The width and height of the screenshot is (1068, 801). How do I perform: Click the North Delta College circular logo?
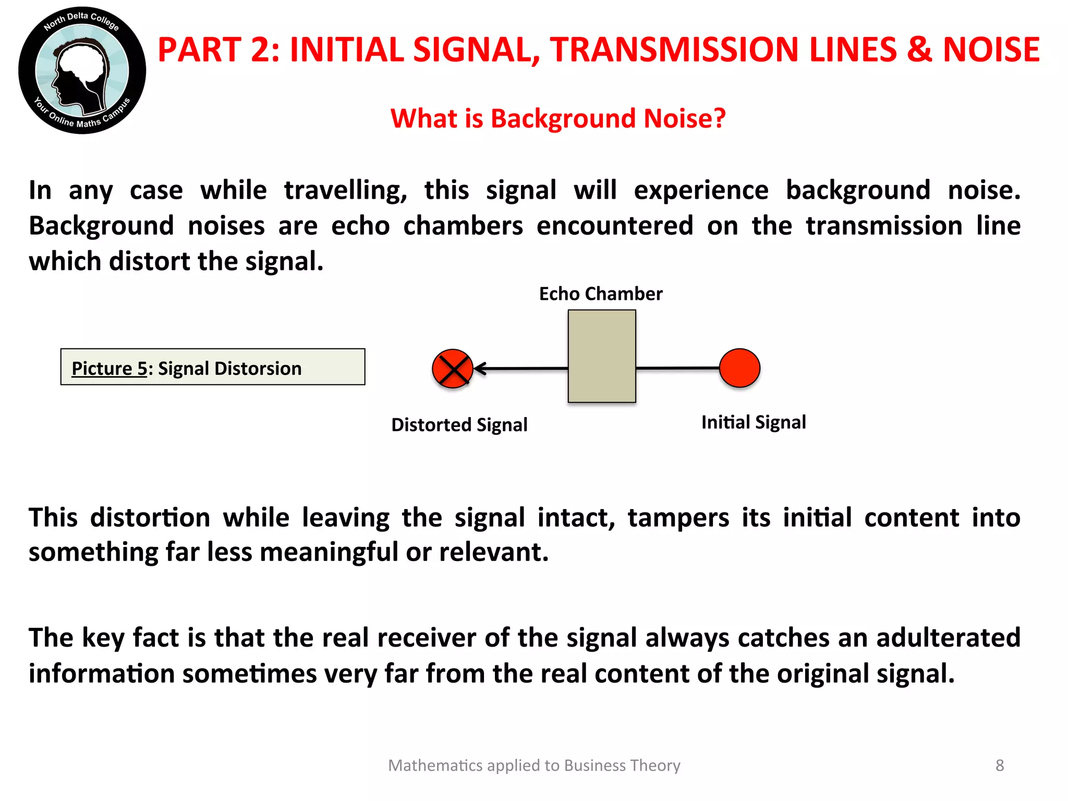pyautogui.click(x=82, y=70)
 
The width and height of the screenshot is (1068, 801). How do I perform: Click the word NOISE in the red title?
pyautogui.click(x=991, y=50)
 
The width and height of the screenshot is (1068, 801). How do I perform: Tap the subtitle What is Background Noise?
pyautogui.click(x=558, y=118)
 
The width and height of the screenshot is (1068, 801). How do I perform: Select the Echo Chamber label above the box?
pyautogui.click(x=601, y=294)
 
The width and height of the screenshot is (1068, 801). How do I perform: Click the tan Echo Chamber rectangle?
pyautogui.click(x=602, y=356)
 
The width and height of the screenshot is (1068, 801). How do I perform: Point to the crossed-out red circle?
pyautogui.click(x=452, y=369)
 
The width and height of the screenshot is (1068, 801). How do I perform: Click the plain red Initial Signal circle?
pyautogui.click(x=739, y=368)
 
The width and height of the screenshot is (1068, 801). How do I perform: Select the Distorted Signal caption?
pyautogui.click(x=459, y=425)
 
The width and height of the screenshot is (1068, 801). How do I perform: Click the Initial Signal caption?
pyautogui.click(x=754, y=422)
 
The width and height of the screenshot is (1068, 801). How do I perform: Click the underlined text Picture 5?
pyautogui.click(x=110, y=369)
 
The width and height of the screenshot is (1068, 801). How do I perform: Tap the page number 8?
pyautogui.click(x=999, y=766)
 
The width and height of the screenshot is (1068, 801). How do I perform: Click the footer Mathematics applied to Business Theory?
pyautogui.click(x=534, y=766)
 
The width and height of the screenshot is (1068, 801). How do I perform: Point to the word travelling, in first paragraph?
pyautogui.click(x=345, y=190)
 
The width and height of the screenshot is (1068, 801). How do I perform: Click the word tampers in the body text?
pyautogui.click(x=678, y=518)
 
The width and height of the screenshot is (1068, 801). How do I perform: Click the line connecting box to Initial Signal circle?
pyautogui.click(x=677, y=368)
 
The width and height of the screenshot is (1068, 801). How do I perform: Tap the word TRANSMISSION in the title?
pyautogui.click(x=673, y=50)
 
